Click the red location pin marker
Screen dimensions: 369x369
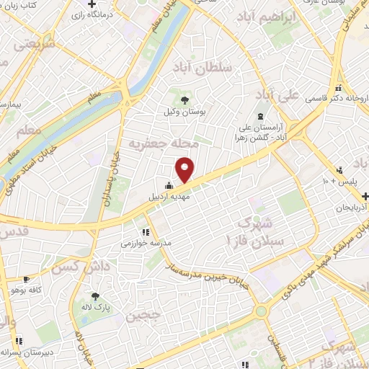point(186,170)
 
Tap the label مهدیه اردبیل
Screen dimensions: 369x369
point(148,195)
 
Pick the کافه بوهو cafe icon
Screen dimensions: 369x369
point(27,279)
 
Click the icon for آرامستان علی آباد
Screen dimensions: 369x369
point(260,117)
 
